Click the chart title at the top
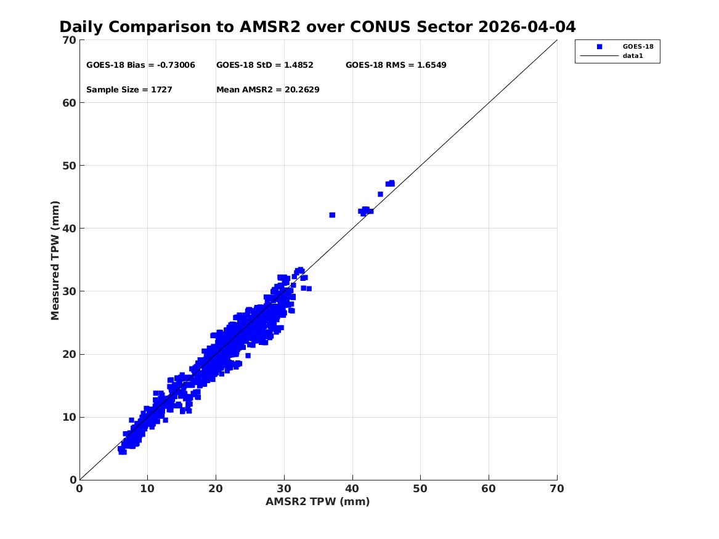317,27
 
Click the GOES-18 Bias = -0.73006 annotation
140,65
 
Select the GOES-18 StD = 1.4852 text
265,65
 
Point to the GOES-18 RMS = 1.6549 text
396,65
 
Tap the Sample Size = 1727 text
129,90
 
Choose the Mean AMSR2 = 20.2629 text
268,90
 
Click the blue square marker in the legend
599,47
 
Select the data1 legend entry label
633,56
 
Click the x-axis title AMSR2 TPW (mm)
318,501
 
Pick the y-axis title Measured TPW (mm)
55,261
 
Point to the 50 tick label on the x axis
420,488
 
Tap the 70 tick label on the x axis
557,488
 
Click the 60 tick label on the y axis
69,103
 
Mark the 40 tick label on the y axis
69,229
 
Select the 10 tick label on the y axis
69,417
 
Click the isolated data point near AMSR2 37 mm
333,215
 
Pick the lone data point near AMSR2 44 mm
380,194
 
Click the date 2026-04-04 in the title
527,27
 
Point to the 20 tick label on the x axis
216,488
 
